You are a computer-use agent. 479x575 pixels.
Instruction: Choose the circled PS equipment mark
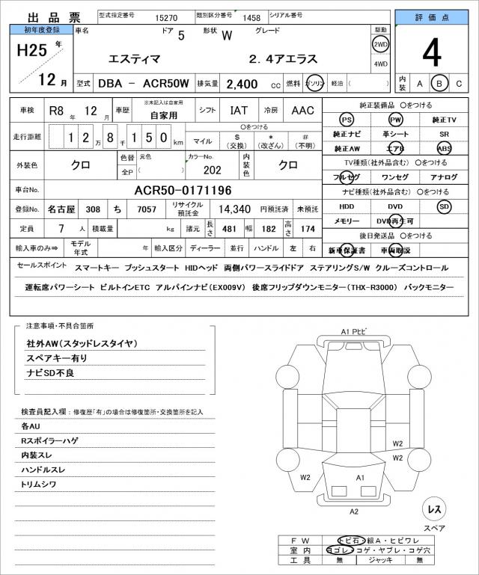(346, 120)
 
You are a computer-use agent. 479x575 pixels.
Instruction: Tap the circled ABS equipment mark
(444, 148)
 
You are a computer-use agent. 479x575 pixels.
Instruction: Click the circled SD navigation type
(444, 206)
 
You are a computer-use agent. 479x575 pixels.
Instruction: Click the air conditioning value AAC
(303, 111)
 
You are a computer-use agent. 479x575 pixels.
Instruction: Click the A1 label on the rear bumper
(359, 477)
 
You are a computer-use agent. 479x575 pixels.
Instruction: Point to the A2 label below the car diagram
(354, 511)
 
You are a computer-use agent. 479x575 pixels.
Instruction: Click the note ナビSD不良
(50, 372)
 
